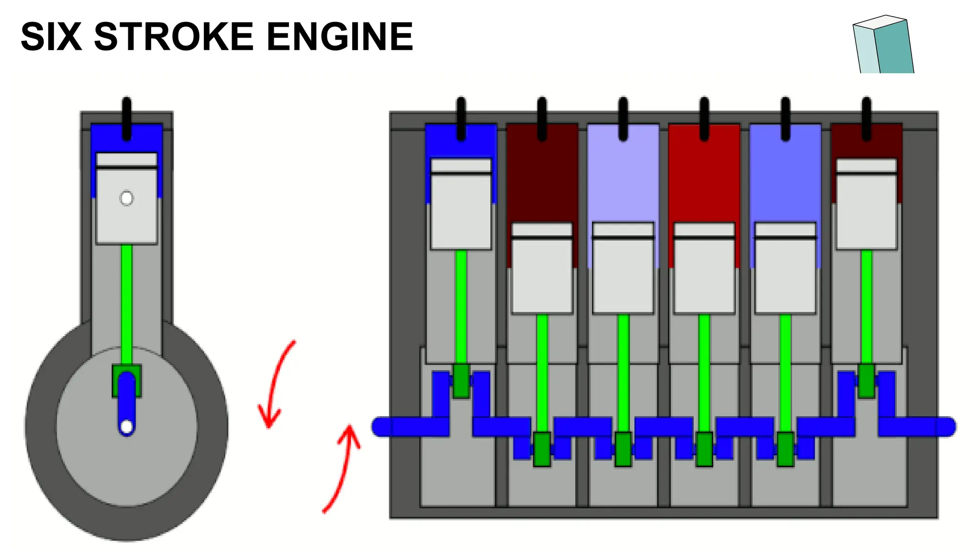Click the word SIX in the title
pos(51,37)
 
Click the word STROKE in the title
pos(174,37)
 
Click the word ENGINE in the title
pos(340,37)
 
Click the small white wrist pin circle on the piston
pos(127,198)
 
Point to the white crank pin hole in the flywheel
pos(127,426)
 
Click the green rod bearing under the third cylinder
pos(623,449)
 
